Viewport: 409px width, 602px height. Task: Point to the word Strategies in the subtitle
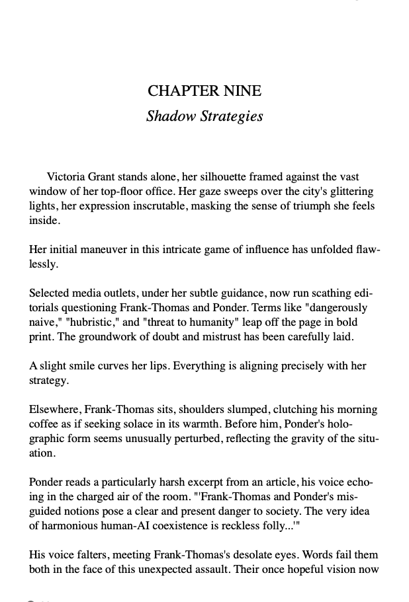[x=232, y=116]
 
